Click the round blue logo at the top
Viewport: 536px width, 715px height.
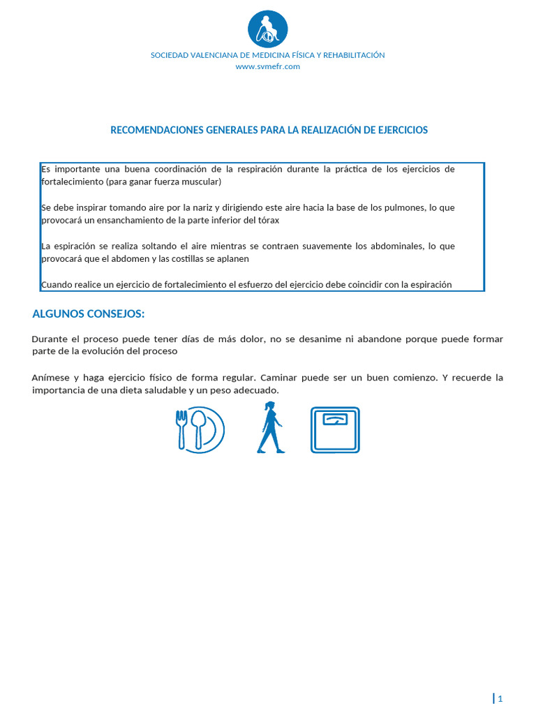(268, 29)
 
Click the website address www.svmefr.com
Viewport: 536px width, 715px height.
(268, 66)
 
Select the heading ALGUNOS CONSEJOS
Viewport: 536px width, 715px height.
(88, 314)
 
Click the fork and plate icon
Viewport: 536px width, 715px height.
(200, 429)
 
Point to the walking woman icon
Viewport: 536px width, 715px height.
(270, 428)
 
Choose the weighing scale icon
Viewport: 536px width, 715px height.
(335, 430)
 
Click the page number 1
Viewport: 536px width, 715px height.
(500, 699)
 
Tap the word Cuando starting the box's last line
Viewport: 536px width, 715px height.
(57, 284)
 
